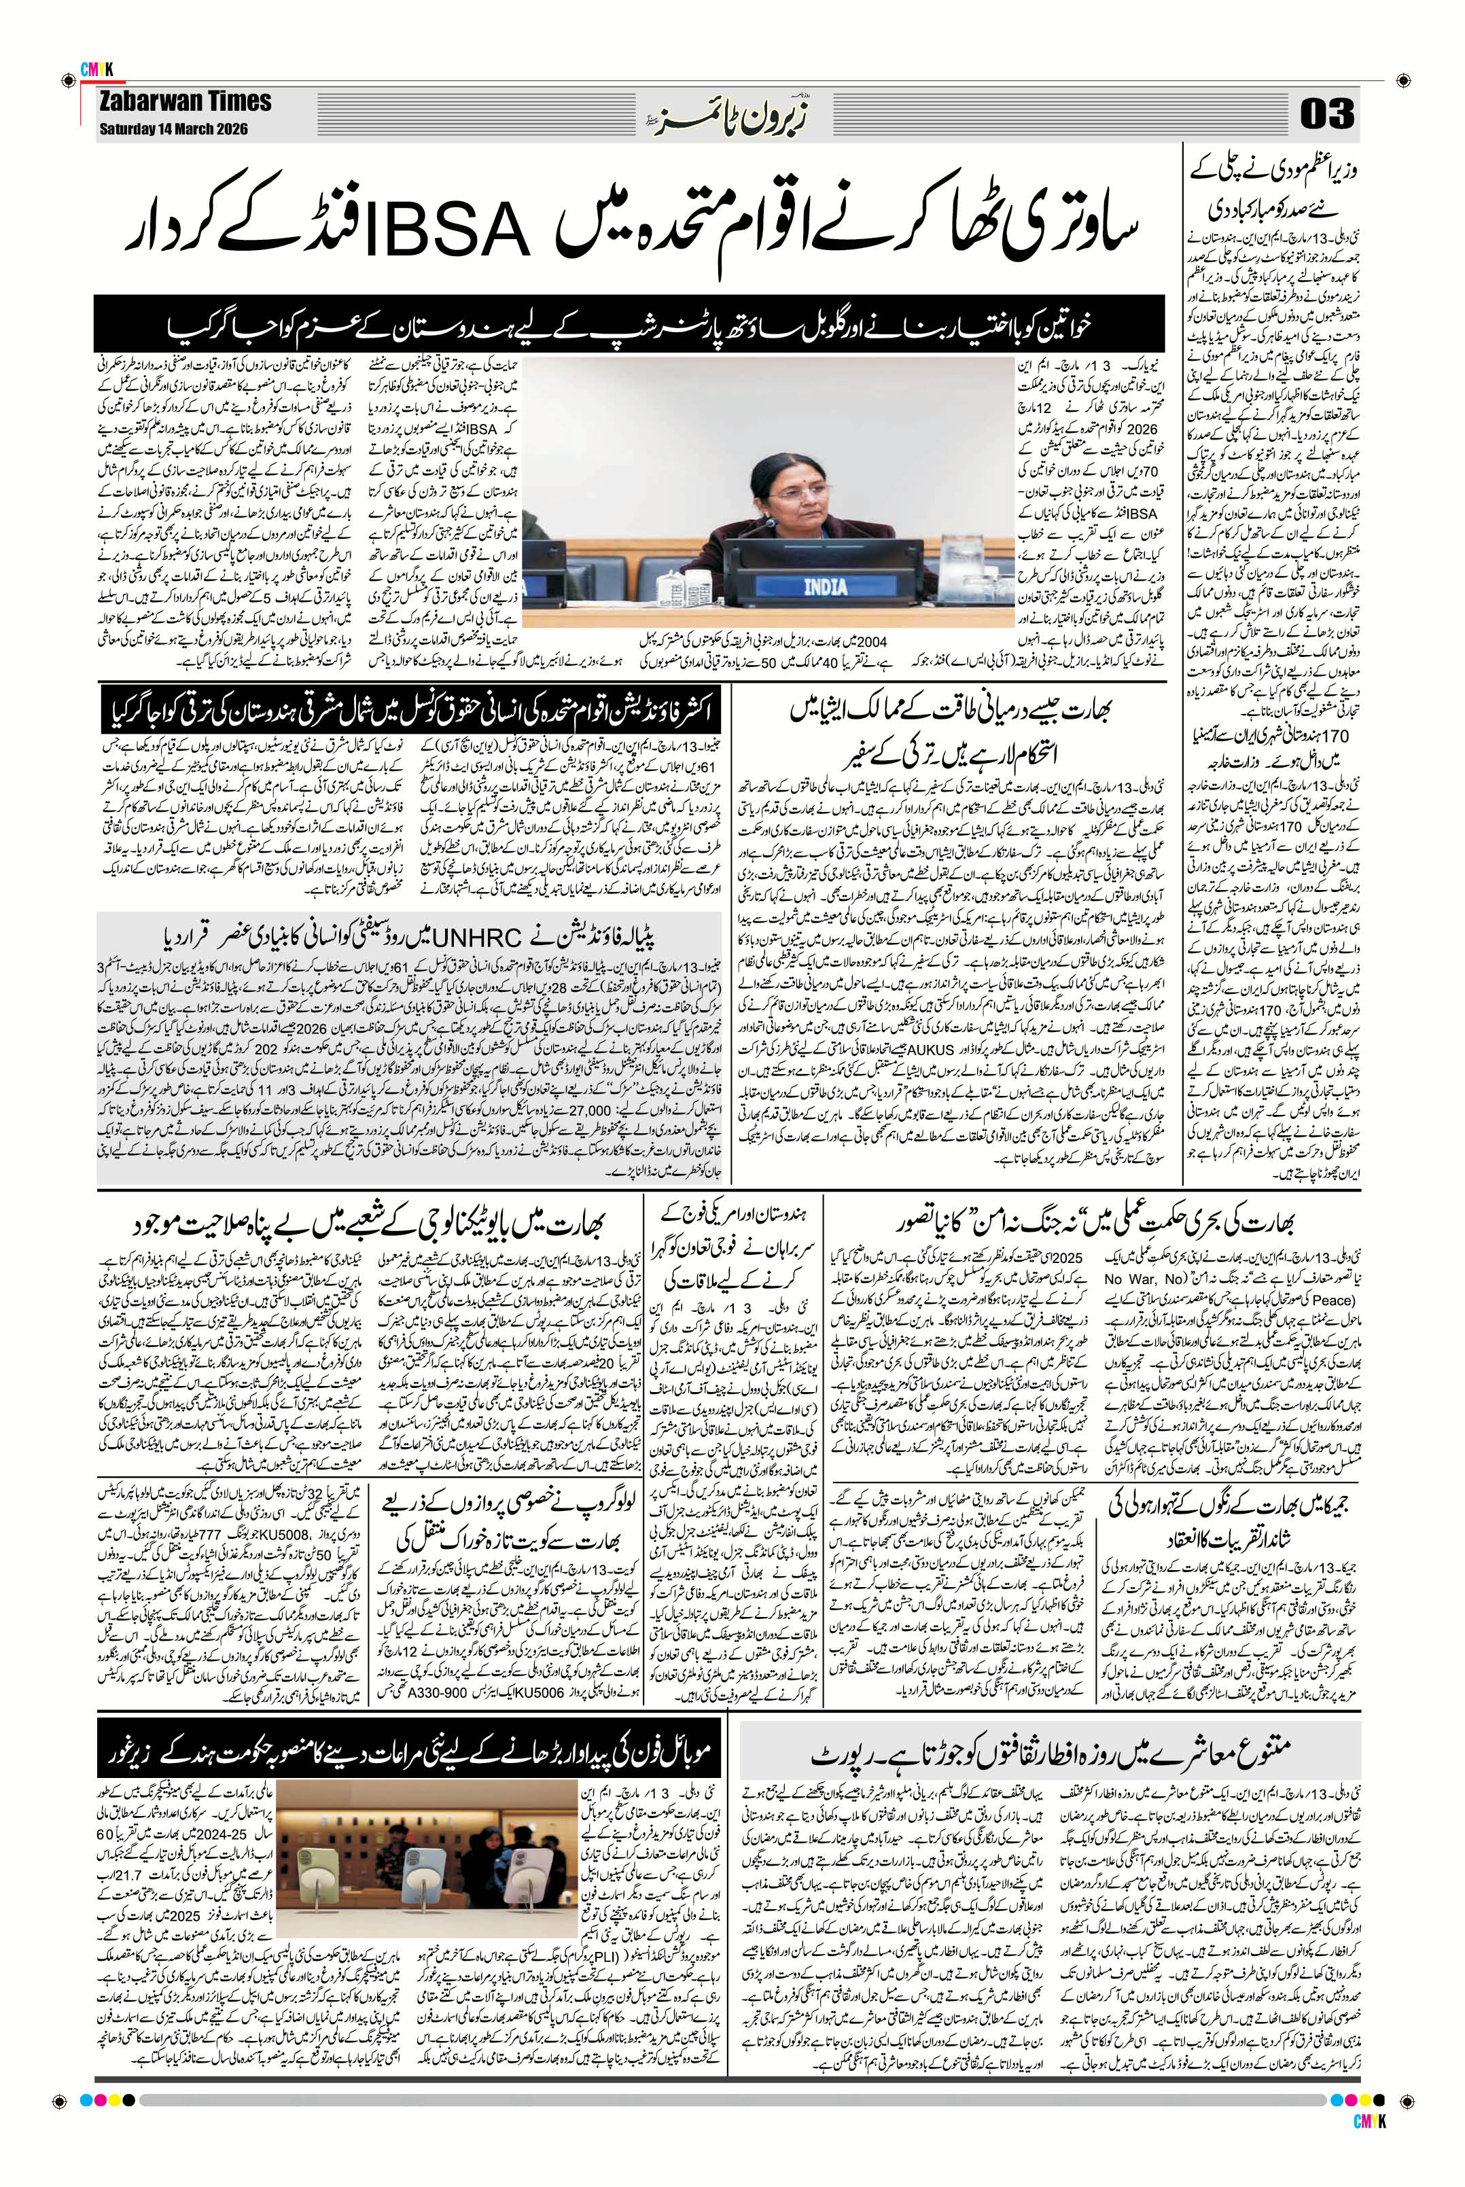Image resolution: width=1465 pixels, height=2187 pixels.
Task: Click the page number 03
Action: [x=1326, y=116]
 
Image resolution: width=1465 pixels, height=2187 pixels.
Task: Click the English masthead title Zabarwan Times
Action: [x=185, y=101]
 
